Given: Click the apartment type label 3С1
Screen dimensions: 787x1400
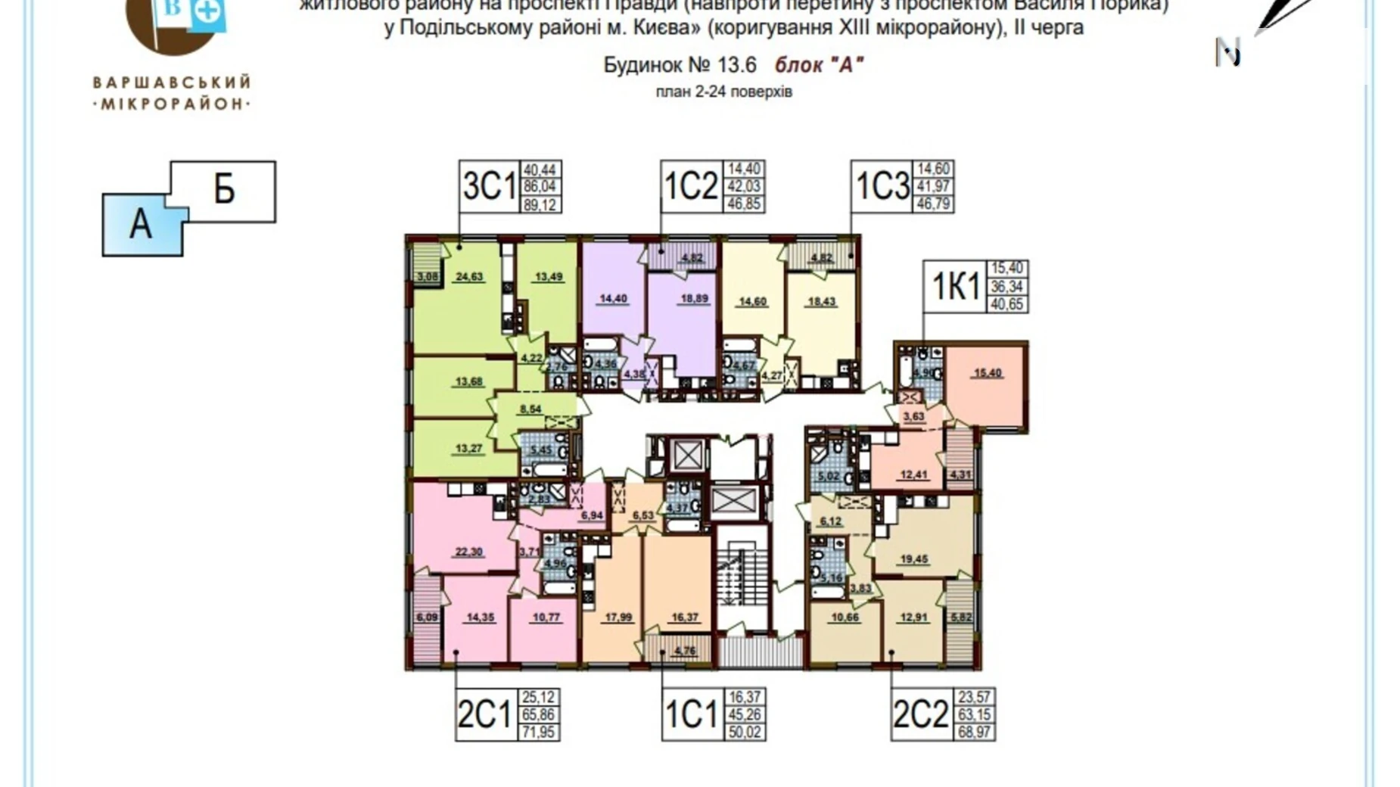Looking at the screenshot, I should click(x=489, y=186).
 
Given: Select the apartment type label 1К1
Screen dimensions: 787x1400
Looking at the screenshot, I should click(x=955, y=286).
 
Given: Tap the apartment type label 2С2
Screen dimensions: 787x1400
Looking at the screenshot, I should click(x=920, y=714).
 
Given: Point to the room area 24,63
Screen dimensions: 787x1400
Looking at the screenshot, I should click(x=469, y=277).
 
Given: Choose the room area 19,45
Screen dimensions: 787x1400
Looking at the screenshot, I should click(x=914, y=559).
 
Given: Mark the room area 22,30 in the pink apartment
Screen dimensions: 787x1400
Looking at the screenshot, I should click(x=469, y=552).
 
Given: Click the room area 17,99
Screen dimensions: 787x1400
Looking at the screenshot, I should click(x=618, y=617).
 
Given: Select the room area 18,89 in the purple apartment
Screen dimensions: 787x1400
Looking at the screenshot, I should click(x=694, y=299).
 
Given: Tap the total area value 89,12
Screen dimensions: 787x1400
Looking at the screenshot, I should click(x=540, y=204).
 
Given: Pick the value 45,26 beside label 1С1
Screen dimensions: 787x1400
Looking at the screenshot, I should click(x=745, y=714).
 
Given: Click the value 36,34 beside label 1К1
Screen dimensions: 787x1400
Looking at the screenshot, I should click(x=1006, y=286).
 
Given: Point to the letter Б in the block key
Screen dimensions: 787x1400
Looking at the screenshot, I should click(x=224, y=189).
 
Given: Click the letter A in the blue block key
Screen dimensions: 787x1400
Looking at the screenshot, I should click(x=141, y=225).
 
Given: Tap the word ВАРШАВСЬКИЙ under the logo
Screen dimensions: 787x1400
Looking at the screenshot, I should click(x=172, y=82).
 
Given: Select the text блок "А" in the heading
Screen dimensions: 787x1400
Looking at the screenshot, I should click(x=819, y=65).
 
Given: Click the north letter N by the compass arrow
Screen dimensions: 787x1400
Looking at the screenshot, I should click(x=1227, y=53).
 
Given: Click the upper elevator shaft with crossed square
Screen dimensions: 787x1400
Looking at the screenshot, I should click(x=687, y=456).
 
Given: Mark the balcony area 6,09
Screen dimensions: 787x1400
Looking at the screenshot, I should click(x=426, y=617).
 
